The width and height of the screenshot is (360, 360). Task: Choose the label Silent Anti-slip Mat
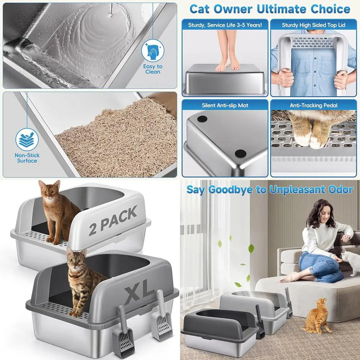225,105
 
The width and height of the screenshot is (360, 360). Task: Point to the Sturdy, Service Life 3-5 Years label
225,25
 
